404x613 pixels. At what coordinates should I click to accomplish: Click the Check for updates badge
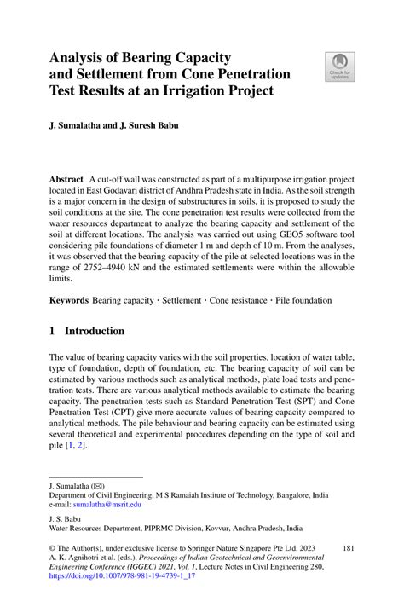(339, 67)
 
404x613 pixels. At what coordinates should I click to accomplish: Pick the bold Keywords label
(69, 301)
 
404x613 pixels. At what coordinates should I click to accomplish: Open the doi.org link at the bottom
(125, 575)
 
